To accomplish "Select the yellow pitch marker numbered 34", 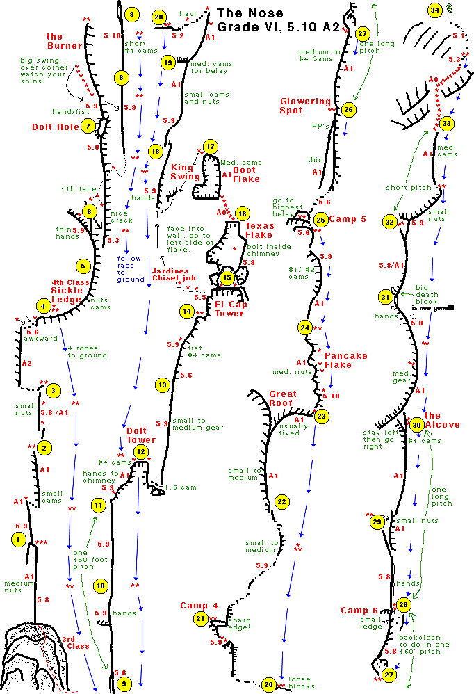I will (435, 10).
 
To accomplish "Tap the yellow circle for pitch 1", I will (19, 538).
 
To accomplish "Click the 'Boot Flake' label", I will (244, 175).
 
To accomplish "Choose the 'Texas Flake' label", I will (259, 229).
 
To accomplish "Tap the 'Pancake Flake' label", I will (345, 360).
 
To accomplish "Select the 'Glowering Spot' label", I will (305, 106).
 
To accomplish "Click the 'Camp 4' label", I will (199, 606).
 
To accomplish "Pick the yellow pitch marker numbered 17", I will (210, 147).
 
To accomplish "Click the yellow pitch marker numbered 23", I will (321, 417).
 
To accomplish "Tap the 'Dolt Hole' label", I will (56, 127).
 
